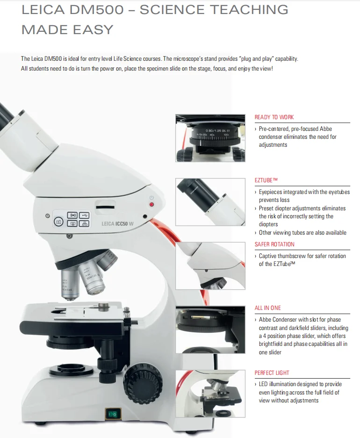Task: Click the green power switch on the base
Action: (112, 413)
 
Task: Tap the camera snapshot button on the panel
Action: (59, 222)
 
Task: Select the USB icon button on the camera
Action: (84, 215)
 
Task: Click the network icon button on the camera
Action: (84, 224)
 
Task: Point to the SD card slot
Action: (105, 206)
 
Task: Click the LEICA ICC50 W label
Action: (117, 223)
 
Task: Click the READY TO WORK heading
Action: (274, 117)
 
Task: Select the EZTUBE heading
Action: (266, 180)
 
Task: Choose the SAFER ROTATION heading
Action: (274, 244)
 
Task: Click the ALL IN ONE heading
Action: (267, 308)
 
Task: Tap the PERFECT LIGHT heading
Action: (272, 373)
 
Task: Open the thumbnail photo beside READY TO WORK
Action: (210, 138)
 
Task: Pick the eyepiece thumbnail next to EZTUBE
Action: (210, 201)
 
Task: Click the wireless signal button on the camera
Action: (72, 215)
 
